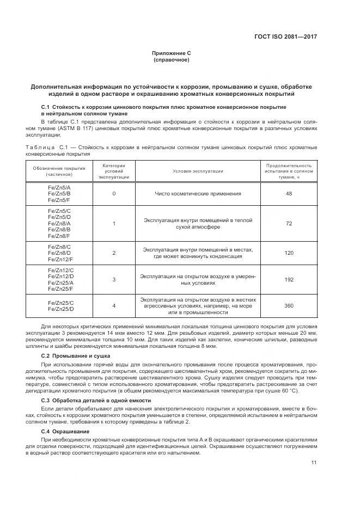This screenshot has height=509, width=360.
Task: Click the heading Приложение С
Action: (x=171, y=53)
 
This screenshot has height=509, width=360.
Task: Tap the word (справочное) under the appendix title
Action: (x=171, y=59)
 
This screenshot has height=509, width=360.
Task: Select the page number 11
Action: (x=314, y=462)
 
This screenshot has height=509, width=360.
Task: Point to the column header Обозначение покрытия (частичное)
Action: (x=59, y=171)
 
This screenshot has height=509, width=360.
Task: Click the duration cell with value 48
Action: (x=289, y=193)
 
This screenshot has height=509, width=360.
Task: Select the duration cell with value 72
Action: (x=289, y=223)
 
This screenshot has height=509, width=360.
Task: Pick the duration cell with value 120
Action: (x=289, y=253)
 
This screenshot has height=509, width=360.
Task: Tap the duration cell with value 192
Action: (x=289, y=279)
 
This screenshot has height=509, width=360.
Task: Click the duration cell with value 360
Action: (x=289, y=305)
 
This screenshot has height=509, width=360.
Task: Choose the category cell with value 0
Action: (x=114, y=193)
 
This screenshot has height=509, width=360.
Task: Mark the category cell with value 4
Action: (x=114, y=305)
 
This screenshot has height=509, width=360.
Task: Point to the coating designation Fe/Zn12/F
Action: (x=59, y=260)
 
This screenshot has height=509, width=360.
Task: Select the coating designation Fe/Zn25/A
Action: (x=59, y=283)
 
